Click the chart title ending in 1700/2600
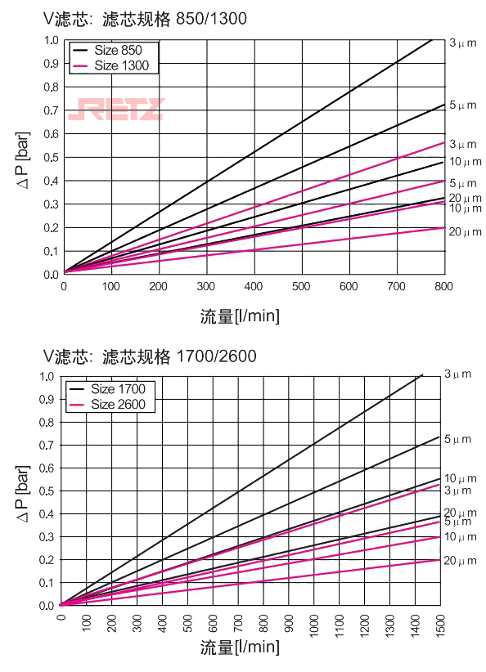pos(150,356)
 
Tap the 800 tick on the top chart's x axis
pos(443,287)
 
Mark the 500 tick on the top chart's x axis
pos(301,287)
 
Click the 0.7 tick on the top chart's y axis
pos(52,110)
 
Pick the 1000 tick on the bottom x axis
pos(315,625)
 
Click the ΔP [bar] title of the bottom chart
pos(24,491)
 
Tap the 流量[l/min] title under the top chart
pos(240,316)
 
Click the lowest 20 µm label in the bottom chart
pos(459,561)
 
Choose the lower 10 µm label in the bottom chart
pos(459,537)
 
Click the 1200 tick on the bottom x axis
pos(366,625)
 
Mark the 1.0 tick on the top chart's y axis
pos(52,41)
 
